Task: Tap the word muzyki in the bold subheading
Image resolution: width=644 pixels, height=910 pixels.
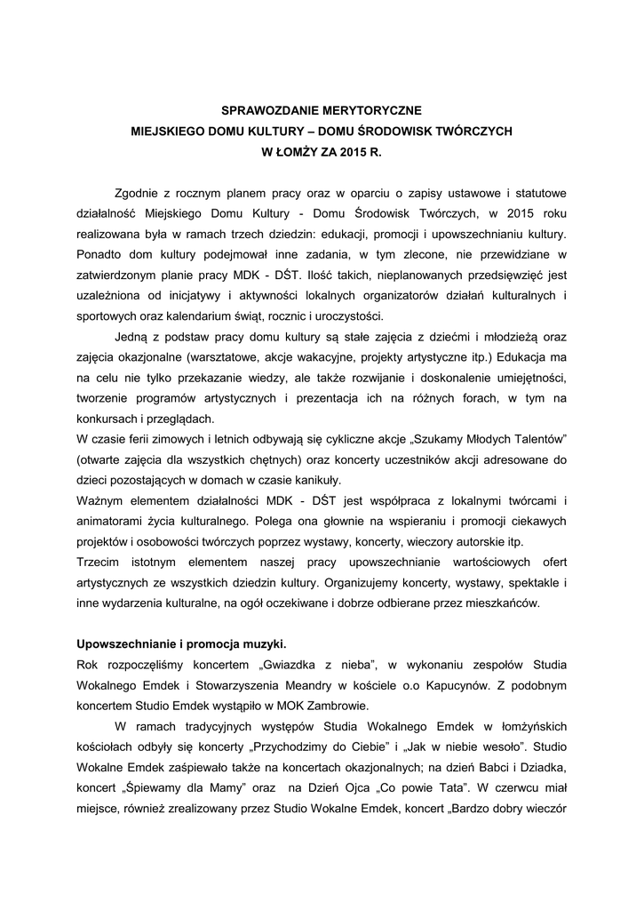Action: pos(266,643)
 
